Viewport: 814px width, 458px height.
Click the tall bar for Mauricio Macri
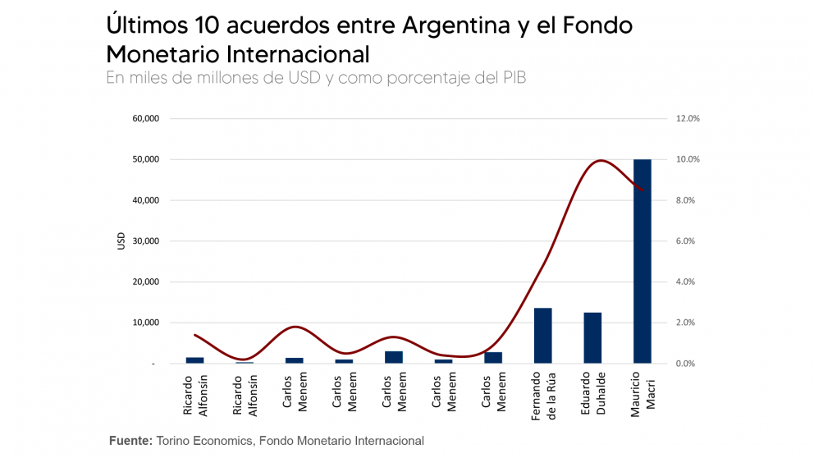pos(642,261)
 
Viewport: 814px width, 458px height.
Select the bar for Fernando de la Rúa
pos(542,336)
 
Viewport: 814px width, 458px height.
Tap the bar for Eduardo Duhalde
pos(592,338)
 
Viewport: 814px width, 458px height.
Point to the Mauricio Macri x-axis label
pos(641,396)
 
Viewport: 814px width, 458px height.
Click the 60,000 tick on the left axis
pos(145,118)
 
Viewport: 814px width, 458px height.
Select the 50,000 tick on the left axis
pos(145,159)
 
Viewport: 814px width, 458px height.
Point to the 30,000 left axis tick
pos(145,241)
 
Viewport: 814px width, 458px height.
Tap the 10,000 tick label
pos(145,323)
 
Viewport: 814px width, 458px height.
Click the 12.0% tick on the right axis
pos(687,118)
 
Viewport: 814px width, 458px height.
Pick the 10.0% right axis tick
pos(687,159)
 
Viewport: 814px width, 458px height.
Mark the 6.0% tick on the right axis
pos(687,241)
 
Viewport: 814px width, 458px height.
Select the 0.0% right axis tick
pos(687,364)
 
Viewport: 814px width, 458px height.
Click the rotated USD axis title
pos(121,241)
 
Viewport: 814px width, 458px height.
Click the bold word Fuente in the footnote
pos(130,441)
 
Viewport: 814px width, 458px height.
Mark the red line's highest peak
pos(601,160)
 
